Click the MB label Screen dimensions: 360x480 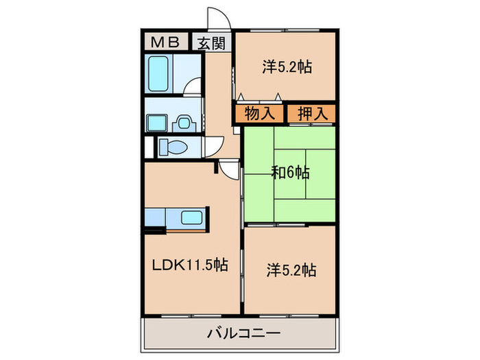coord(165,43)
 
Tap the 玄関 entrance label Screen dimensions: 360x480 coord(211,43)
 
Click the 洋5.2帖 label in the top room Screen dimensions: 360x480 coord(287,67)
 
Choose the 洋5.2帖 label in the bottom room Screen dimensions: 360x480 coord(290,269)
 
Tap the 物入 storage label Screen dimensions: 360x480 coord(259,114)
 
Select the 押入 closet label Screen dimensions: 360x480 coord(311,114)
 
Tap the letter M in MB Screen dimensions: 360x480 coord(158,43)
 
